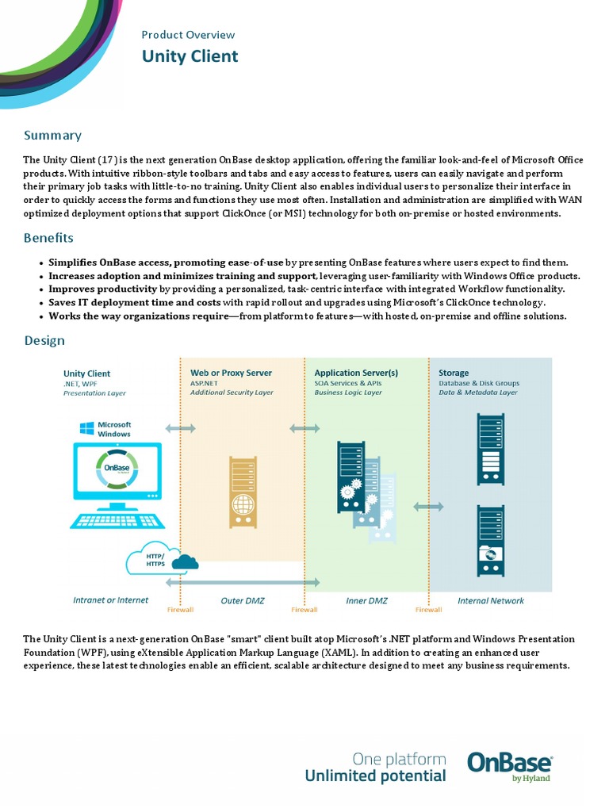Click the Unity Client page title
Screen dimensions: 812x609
[x=190, y=56]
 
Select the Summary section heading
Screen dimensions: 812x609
[x=52, y=136]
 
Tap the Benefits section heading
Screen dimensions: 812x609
[x=48, y=238]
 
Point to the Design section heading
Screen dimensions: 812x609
[x=44, y=341]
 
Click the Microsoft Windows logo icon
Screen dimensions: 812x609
[x=86, y=428]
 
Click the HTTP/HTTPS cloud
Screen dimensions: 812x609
[x=161, y=560]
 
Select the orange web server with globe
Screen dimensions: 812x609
[x=243, y=492]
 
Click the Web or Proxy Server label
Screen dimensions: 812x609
[x=231, y=373]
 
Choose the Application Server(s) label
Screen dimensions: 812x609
[x=356, y=373]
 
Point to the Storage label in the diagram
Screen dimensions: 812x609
[x=454, y=373]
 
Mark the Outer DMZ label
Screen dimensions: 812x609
[x=243, y=600]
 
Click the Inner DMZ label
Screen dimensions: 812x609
[x=367, y=600]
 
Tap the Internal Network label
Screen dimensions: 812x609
[x=491, y=600]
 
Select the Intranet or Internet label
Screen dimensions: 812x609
[x=110, y=600]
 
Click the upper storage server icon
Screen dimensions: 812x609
[x=489, y=449]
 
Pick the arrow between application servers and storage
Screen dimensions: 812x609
[x=429, y=506]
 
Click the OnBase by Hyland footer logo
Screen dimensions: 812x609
[x=509, y=765]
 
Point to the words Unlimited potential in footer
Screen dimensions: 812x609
[x=375, y=776]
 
